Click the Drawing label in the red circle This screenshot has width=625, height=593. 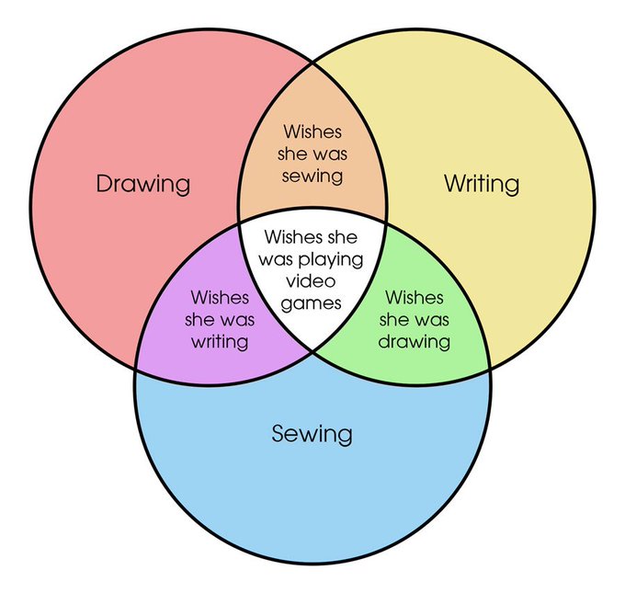143,183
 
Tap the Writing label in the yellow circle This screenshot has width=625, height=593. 481,183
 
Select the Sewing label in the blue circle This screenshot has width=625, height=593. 312,432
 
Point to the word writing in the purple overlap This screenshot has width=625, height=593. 220,342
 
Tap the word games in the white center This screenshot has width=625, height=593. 312,302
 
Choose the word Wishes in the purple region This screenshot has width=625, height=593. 220,298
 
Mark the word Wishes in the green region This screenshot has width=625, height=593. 415,298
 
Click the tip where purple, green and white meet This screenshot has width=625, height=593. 312,349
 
